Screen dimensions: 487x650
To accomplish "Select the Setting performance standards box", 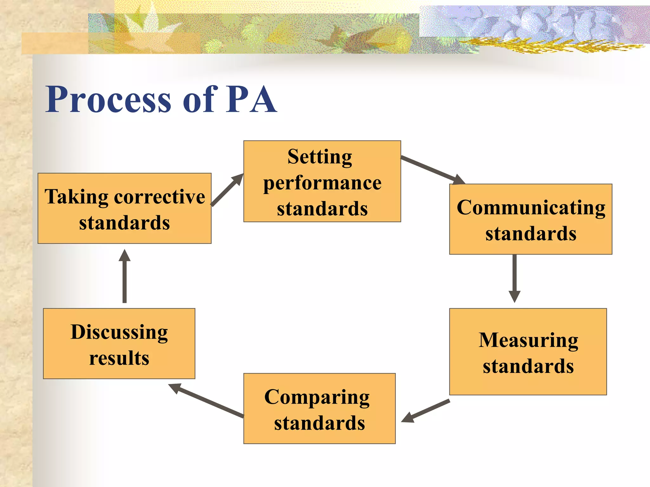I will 322,181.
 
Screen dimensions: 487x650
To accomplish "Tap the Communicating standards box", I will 531,219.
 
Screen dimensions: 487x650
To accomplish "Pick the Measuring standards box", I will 528,352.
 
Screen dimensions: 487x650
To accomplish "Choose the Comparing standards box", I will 319,409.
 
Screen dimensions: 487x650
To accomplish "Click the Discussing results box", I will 119,344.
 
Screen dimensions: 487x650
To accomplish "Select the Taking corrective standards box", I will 124,209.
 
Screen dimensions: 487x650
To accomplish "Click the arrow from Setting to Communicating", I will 432,170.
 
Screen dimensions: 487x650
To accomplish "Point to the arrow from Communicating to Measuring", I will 514,277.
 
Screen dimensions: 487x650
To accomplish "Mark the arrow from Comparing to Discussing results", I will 206,400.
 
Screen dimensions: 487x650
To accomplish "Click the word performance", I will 322,183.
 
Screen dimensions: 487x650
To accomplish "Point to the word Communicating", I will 531,208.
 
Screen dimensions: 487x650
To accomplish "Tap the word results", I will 119,358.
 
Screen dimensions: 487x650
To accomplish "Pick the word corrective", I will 159,197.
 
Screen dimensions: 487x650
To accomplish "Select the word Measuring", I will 528,341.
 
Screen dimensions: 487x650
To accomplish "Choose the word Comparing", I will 317,398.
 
